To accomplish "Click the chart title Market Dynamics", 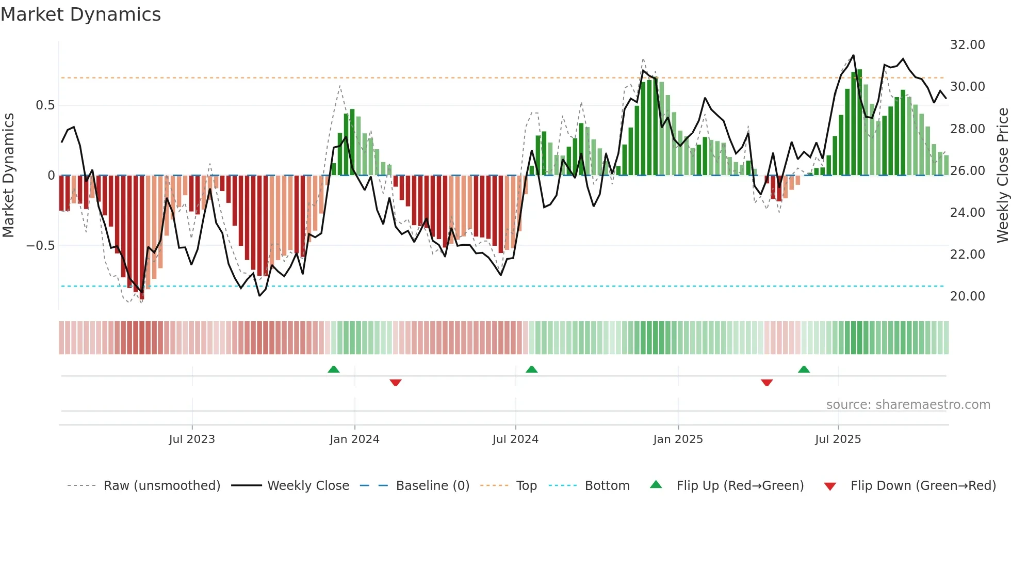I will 80,14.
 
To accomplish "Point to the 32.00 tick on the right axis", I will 967,45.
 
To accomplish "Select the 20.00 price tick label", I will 967,296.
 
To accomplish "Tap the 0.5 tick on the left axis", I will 45,105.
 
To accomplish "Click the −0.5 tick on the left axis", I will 41,246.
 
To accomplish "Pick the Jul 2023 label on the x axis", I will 192,439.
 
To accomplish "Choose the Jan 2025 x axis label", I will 678,439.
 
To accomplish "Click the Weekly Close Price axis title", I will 1002,176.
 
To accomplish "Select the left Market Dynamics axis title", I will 8,176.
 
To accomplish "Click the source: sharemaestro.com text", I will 908,405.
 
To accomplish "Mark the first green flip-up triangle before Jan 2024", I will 334,369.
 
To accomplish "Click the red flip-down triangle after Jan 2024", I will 396,383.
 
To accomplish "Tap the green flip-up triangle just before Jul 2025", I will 804,369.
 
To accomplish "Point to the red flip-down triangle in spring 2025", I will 767,383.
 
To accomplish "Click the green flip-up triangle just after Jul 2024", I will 531,369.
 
